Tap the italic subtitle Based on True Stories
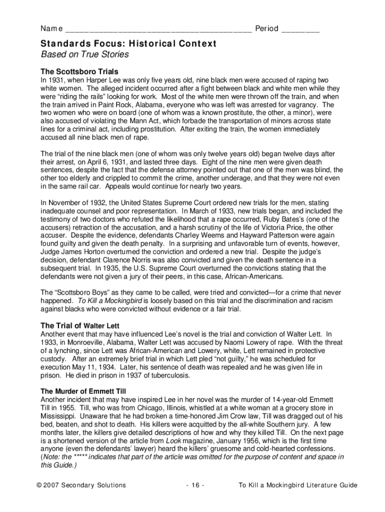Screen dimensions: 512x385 pos(84,54)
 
